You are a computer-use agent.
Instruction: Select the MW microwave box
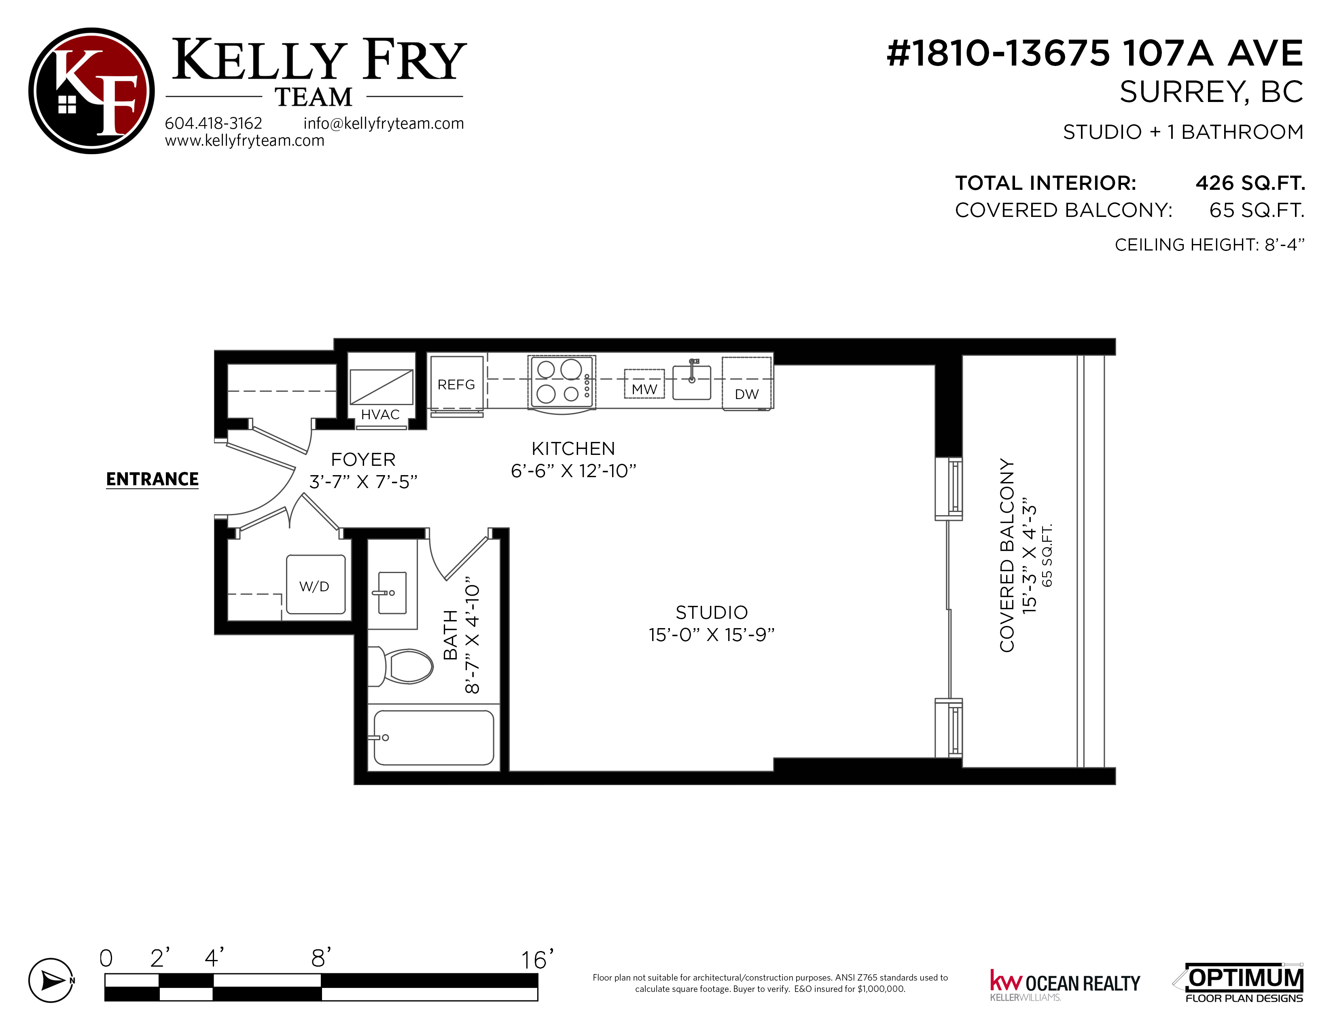tap(644, 384)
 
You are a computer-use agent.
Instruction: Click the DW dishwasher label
tap(746, 394)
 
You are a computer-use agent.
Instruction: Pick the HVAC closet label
tap(380, 414)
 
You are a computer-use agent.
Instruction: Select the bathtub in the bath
tap(433, 737)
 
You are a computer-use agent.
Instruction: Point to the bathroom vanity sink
tap(392, 592)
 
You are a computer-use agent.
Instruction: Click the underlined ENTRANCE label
tap(152, 479)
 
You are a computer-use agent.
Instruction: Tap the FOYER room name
tap(363, 459)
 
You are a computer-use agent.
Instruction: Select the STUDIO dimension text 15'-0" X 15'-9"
tap(712, 635)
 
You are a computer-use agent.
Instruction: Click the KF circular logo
tap(92, 91)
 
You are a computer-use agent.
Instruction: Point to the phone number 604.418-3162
tap(213, 123)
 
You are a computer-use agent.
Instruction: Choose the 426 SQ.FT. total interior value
tap(1250, 183)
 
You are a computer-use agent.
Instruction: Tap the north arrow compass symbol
tap(51, 981)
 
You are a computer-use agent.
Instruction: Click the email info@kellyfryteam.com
tap(384, 123)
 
